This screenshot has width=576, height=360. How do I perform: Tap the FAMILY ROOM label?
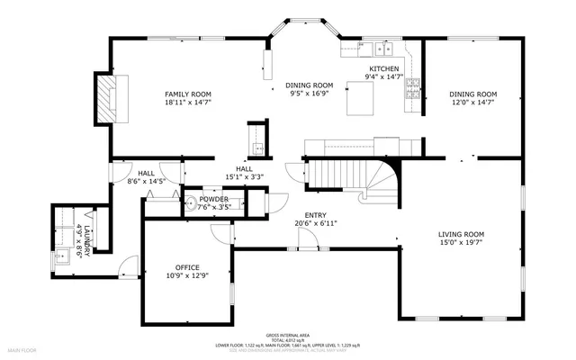pos(187,94)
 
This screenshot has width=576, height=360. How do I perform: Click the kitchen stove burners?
pos(414,86)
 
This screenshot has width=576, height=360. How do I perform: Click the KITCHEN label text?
pos(384,68)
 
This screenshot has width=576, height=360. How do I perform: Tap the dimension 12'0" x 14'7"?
pos(473,103)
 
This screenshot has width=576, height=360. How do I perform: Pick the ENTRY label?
pos(315,215)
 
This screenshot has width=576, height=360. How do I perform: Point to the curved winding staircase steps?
pos(382,180)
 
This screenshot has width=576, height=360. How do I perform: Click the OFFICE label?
pos(187,267)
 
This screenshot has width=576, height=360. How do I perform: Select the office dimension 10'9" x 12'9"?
pos(187,275)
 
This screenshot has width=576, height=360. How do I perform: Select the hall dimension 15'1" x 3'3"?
pos(244,176)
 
